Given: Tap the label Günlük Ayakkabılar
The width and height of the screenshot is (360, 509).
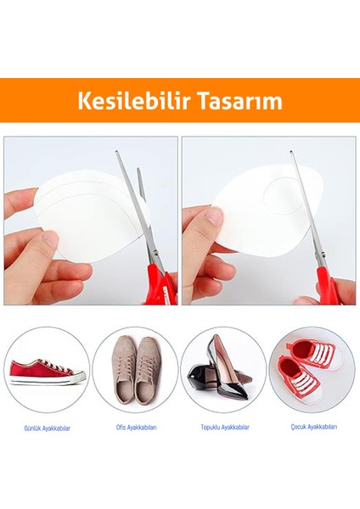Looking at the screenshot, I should click(47, 428).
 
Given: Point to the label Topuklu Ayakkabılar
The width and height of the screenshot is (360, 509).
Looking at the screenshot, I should click(225, 427).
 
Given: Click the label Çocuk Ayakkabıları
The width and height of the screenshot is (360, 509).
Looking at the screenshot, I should click(312, 427).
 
